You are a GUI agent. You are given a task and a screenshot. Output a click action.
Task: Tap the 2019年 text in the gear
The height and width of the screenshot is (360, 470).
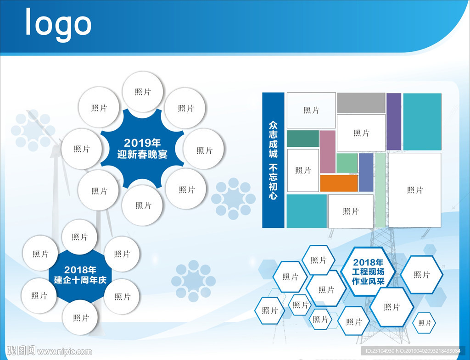(142, 143)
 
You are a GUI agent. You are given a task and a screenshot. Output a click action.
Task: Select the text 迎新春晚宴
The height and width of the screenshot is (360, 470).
(142, 154)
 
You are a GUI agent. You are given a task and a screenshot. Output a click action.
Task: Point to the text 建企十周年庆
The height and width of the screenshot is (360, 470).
(80, 280)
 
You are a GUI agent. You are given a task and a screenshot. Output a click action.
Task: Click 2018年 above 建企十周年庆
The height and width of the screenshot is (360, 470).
(80, 270)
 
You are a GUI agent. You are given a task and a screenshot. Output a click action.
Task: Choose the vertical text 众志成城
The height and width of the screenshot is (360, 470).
(273, 139)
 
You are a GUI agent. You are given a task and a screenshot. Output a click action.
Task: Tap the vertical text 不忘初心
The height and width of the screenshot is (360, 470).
(273, 181)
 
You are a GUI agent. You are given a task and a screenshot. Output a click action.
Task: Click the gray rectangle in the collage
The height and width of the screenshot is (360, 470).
(361, 103)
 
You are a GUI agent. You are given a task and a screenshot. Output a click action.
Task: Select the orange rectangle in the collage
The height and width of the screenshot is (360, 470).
(339, 183)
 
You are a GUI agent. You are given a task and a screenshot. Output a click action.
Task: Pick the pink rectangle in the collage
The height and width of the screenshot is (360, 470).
(328, 151)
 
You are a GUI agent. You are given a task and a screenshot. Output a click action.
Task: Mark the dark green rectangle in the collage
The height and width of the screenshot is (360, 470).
(303, 138)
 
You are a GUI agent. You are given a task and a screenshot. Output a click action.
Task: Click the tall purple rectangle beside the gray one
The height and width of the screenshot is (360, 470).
(394, 121)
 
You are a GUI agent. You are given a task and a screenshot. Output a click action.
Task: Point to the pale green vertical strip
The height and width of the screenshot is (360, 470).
(380, 190)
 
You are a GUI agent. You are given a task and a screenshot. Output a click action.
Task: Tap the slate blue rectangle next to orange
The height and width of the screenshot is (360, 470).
(366, 172)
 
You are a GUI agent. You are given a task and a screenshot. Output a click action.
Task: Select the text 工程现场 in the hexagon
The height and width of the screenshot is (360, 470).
(368, 272)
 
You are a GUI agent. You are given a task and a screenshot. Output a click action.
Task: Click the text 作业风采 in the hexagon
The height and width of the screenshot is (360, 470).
(368, 281)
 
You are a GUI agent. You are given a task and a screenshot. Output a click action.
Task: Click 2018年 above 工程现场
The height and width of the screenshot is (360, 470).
(368, 262)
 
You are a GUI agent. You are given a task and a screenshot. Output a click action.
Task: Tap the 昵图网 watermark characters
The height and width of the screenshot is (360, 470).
(21, 350)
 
